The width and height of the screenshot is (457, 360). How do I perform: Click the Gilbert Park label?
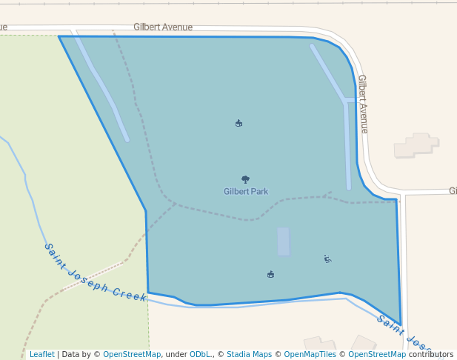click(246, 191)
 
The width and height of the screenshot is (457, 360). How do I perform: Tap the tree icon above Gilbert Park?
click(245, 179)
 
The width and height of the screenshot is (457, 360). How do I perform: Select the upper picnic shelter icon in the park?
click(238, 123)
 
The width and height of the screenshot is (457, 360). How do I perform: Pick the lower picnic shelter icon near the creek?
click(270, 275)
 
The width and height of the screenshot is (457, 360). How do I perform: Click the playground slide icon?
click(327, 259)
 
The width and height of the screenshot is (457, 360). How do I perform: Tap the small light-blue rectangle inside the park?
click(283, 241)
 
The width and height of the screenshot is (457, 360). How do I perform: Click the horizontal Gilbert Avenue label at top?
click(163, 27)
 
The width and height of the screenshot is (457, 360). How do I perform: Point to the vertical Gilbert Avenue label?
click(362, 103)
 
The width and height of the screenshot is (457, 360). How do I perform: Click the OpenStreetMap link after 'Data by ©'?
click(132, 354)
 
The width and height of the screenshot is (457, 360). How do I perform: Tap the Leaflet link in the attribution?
click(41, 354)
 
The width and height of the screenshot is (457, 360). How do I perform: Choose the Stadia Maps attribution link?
click(249, 354)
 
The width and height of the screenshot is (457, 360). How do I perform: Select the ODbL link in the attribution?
click(201, 354)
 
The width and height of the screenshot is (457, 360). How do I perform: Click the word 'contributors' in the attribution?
click(430, 354)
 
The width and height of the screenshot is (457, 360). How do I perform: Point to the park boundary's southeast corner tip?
click(401, 324)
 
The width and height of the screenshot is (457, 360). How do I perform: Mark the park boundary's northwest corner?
click(59, 36)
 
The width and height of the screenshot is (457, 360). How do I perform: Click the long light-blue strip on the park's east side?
click(347, 144)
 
